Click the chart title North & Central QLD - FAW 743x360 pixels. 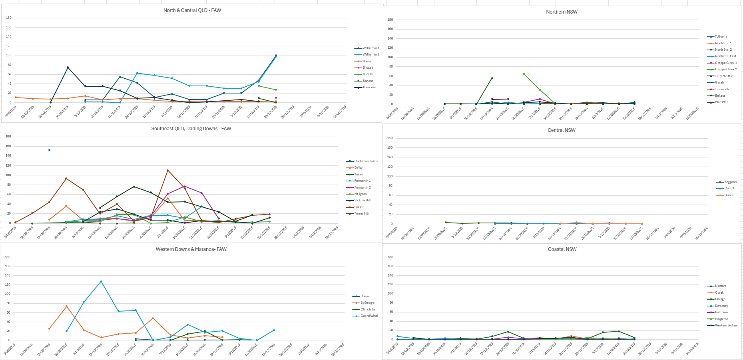[x=192, y=10]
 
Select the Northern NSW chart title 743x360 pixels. [x=562, y=12]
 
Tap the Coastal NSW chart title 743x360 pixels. [x=562, y=249]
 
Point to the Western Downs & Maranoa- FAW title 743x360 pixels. [x=191, y=249]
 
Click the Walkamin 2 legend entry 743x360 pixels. [x=371, y=55]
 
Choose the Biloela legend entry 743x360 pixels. [x=367, y=74]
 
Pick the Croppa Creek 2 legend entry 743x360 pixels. [x=725, y=70]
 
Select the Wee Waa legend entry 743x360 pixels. [x=721, y=102]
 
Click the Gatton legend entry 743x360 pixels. [x=359, y=207]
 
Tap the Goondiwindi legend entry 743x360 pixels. [x=369, y=316]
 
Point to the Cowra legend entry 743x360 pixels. [x=729, y=195]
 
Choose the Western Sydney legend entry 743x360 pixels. [x=726, y=326]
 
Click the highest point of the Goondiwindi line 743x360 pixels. [x=101, y=281]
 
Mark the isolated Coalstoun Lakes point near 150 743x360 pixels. [x=49, y=150]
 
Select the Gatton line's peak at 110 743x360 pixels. [x=167, y=170]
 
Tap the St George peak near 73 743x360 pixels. [x=66, y=306]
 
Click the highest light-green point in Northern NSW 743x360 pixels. [x=524, y=74]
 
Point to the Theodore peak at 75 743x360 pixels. [x=68, y=68]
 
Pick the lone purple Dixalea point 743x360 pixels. [x=276, y=97]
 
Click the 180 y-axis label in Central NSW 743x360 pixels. [x=390, y=138]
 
